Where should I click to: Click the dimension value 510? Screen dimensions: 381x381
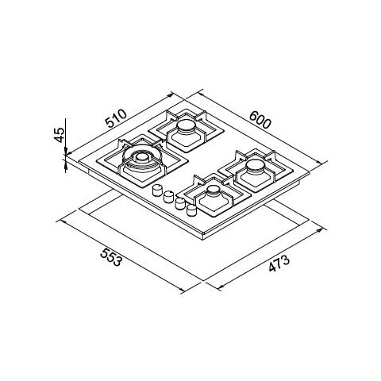click(116, 118)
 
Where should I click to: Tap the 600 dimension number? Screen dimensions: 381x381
click(260, 120)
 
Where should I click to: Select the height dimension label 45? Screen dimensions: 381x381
click(60, 135)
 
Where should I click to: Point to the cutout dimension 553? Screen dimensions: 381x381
click(111, 257)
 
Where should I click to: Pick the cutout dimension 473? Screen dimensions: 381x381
click(279, 264)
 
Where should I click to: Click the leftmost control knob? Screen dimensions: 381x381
click(157, 190)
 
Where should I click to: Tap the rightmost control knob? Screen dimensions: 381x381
click(191, 210)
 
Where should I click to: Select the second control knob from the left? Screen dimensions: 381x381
click(168, 196)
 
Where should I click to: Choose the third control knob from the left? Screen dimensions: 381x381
click(180, 203)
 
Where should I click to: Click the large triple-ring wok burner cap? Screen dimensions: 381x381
click(142, 158)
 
